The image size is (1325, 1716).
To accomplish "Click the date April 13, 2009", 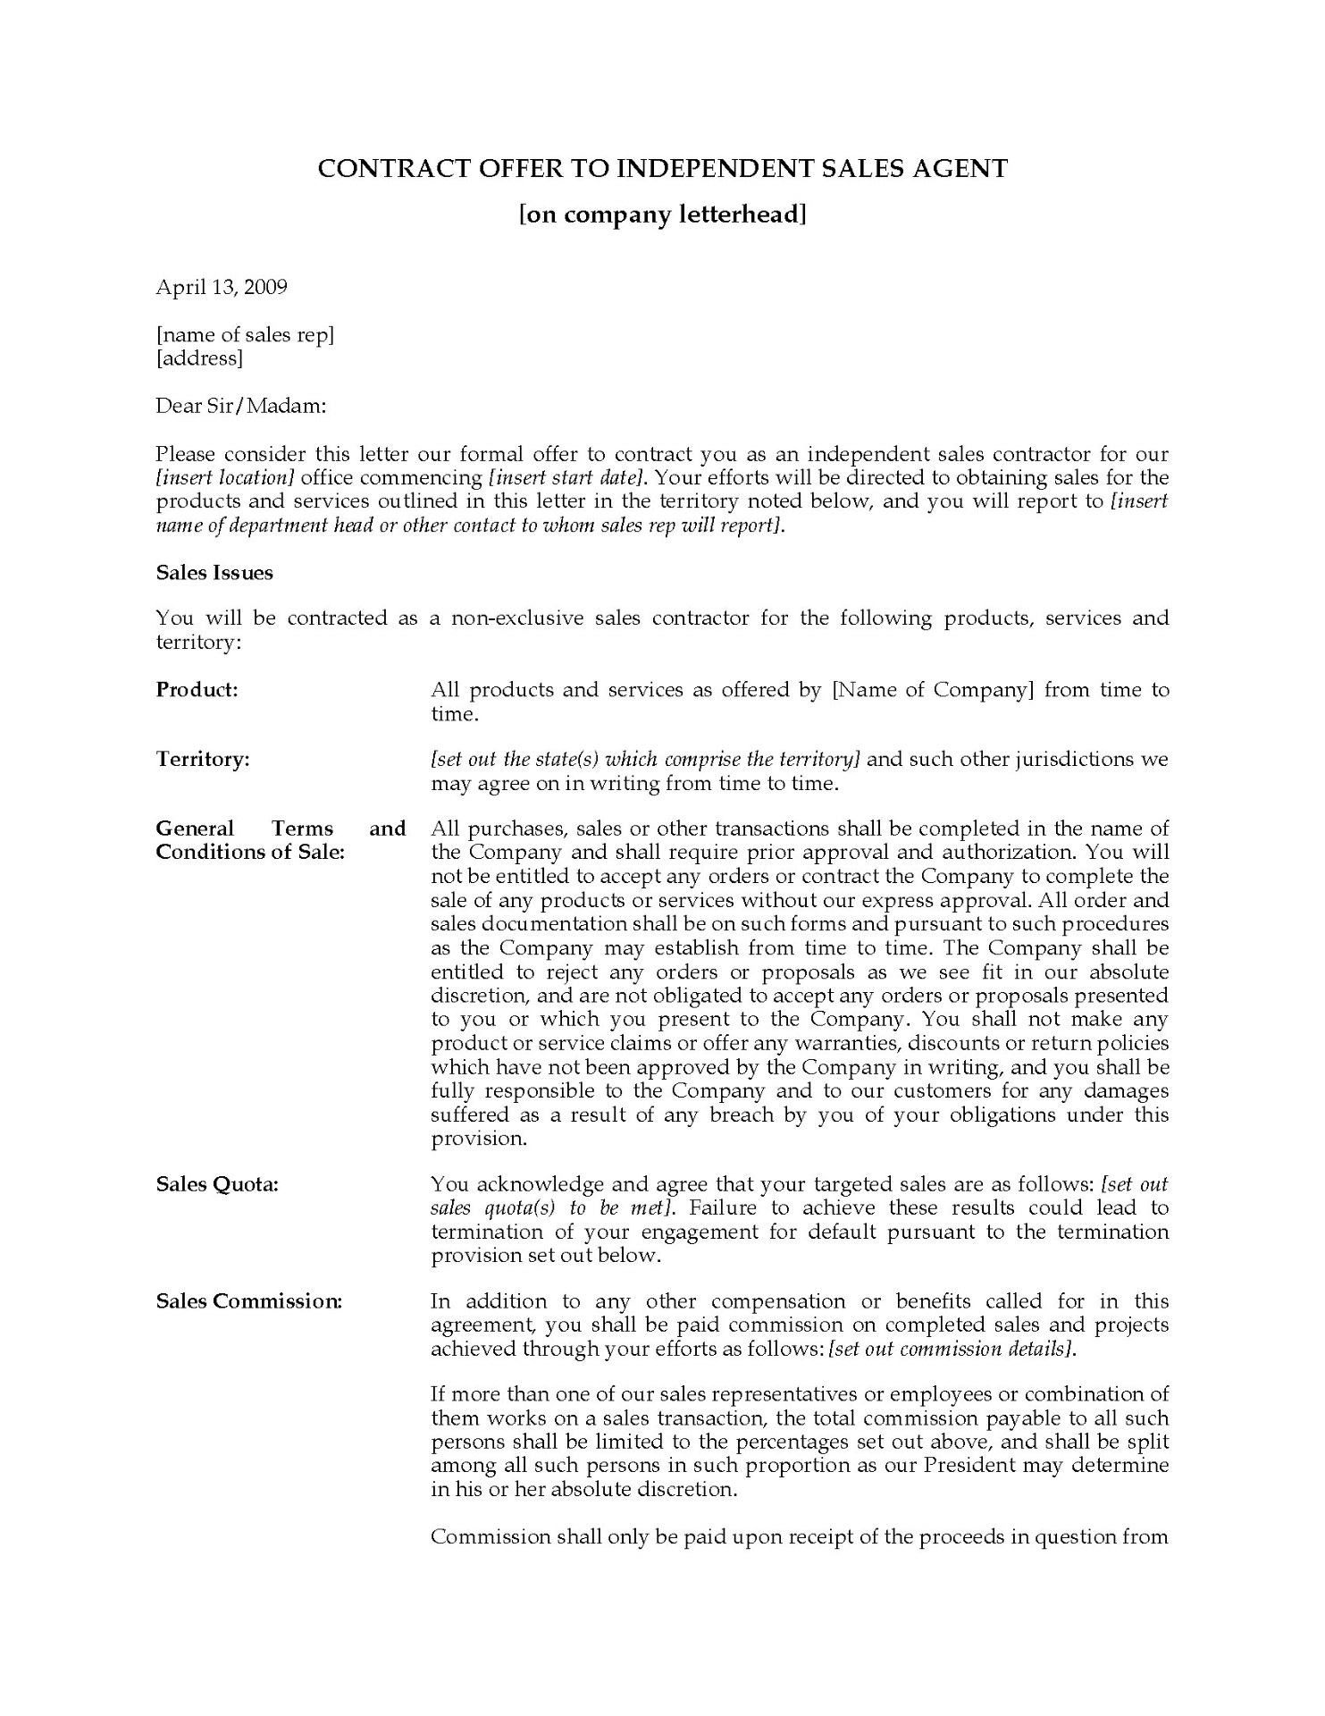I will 222,287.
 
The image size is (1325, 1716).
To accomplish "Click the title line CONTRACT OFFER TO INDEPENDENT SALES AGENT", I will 662,169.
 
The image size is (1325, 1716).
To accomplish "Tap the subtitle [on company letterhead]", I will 662,215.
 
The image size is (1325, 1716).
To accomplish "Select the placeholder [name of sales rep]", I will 245,335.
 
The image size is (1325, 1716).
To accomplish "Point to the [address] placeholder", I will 199,358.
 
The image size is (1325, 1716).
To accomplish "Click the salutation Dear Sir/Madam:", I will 241,406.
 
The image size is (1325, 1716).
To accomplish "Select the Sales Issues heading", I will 214,573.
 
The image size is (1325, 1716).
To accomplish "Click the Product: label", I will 197,690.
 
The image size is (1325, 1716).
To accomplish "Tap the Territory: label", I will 203,760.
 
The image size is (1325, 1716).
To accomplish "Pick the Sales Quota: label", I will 217,1185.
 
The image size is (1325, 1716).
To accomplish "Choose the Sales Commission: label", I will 248,1301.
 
